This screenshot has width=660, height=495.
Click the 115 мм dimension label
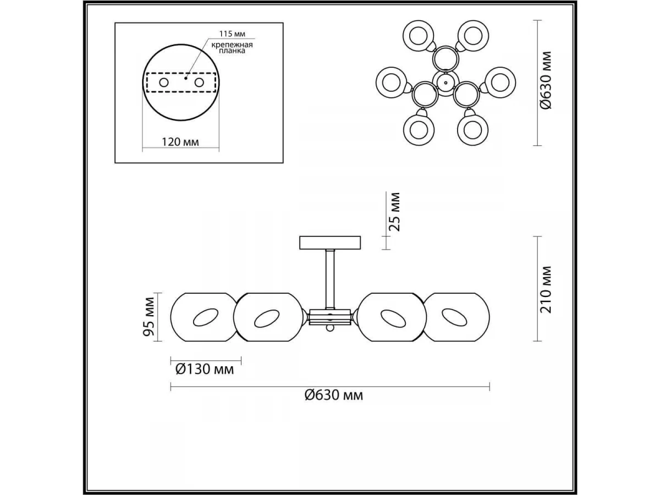tap(232, 34)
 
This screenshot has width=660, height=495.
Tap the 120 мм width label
tap(180, 142)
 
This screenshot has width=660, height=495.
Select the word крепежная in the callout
tap(232, 45)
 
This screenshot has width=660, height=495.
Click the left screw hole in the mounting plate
tap(164, 82)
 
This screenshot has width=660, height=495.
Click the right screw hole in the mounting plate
tap(199, 82)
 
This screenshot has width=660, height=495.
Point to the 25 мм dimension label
tap(394, 212)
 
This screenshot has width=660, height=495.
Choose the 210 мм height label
tap(546, 290)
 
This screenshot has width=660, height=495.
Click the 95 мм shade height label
tap(148, 316)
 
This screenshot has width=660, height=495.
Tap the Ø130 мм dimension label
tap(205, 370)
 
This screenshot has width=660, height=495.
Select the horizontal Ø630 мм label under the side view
tap(334, 395)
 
